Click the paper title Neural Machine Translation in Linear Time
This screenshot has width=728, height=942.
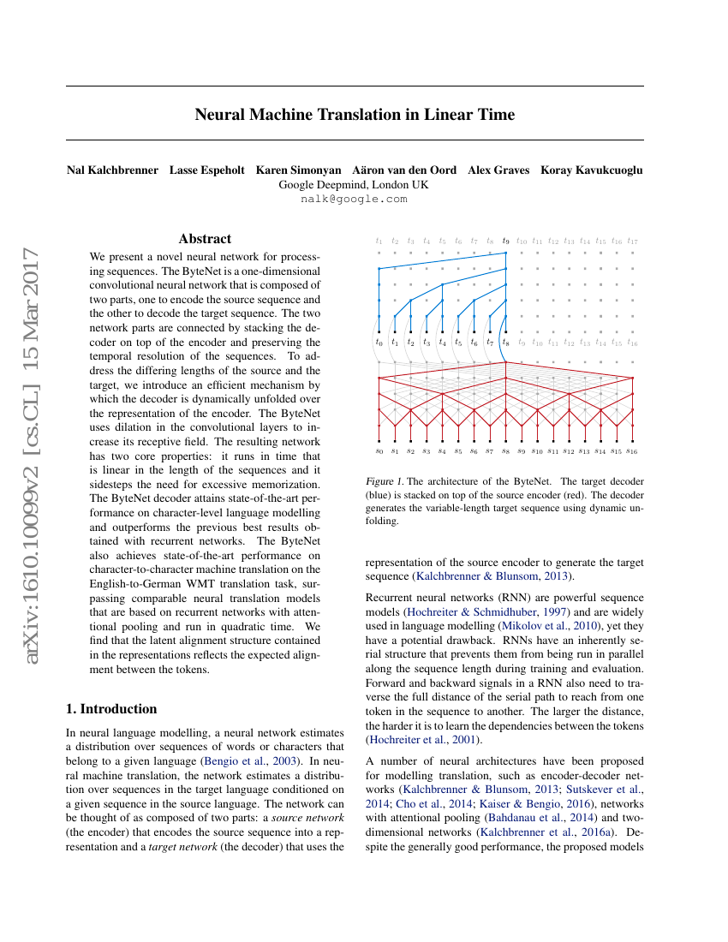(x=355, y=114)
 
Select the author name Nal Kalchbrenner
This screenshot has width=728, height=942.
(x=112, y=170)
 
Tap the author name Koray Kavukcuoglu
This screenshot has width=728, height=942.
(x=591, y=170)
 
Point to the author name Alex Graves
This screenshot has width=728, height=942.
(x=498, y=170)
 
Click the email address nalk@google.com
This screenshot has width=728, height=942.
(x=354, y=199)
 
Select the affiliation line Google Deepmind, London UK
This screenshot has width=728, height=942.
(x=354, y=184)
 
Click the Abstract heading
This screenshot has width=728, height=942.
(x=205, y=239)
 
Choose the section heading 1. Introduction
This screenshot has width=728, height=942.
(x=111, y=708)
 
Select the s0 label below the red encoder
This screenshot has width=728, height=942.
(x=379, y=450)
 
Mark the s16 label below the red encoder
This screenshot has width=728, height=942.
(x=632, y=450)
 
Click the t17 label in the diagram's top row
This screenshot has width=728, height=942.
(x=632, y=241)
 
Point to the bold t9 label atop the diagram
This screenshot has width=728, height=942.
(x=505, y=241)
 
